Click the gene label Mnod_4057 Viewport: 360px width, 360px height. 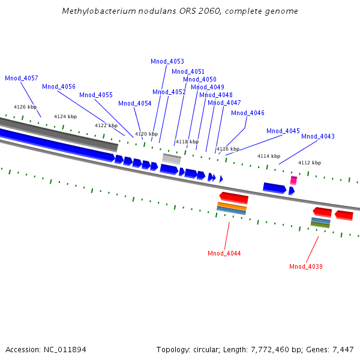[22, 79]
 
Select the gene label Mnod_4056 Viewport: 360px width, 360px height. [59, 86]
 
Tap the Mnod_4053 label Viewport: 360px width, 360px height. [167, 61]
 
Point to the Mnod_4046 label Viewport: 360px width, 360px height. [248, 113]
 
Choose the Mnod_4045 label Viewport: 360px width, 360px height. [283, 131]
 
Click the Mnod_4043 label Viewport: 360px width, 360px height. [318, 136]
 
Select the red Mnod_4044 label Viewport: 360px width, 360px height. [224, 253]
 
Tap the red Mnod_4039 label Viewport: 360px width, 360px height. [306, 266]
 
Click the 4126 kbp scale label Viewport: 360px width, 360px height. [25, 107]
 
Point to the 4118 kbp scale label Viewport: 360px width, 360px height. [187, 142]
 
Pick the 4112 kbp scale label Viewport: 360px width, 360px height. [310, 163]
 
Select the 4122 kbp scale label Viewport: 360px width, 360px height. [106, 125]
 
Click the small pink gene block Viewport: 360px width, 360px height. [293, 180]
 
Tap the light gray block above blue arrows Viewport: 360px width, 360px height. [172, 159]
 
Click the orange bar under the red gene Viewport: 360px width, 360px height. [232, 206]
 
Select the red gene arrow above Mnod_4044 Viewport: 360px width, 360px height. [234, 197]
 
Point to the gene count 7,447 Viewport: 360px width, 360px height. [342, 349]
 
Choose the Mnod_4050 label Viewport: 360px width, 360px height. [200, 79]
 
